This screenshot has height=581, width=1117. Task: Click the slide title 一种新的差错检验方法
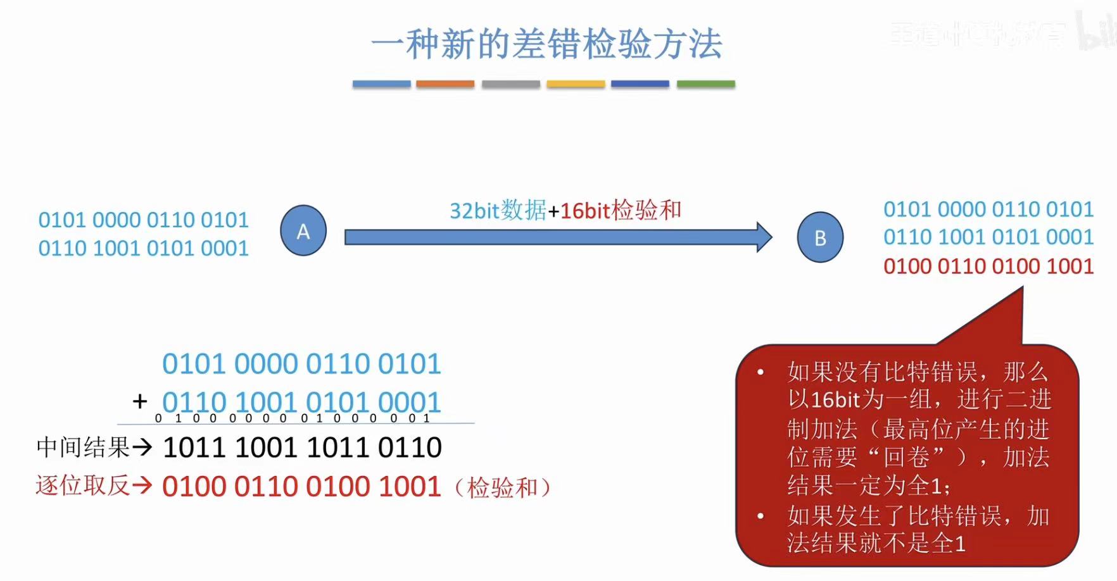click(x=546, y=44)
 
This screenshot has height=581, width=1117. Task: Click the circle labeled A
click(x=303, y=231)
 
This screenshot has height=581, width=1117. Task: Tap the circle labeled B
click(x=820, y=237)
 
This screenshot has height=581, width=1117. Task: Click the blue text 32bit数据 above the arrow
click(x=498, y=210)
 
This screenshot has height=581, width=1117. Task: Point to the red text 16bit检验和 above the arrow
click(x=621, y=210)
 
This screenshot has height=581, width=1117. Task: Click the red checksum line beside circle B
click(x=988, y=266)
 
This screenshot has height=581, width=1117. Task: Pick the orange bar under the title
click(x=445, y=84)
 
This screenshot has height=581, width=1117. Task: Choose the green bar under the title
click(x=705, y=84)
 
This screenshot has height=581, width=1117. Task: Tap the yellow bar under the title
click(x=576, y=84)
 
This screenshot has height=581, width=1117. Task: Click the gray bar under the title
click(x=510, y=84)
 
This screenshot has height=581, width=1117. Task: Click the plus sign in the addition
click(x=140, y=401)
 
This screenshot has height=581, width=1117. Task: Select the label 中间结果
click(x=83, y=447)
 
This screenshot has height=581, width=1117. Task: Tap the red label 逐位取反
click(x=83, y=486)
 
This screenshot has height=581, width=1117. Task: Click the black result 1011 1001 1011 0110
click(x=302, y=447)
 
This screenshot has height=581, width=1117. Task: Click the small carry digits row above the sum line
click(x=293, y=418)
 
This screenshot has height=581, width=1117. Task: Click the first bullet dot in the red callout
click(x=760, y=372)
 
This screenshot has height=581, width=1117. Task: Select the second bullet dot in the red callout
click(x=760, y=516)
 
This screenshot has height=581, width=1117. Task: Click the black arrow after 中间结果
click(x=142, y=447)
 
